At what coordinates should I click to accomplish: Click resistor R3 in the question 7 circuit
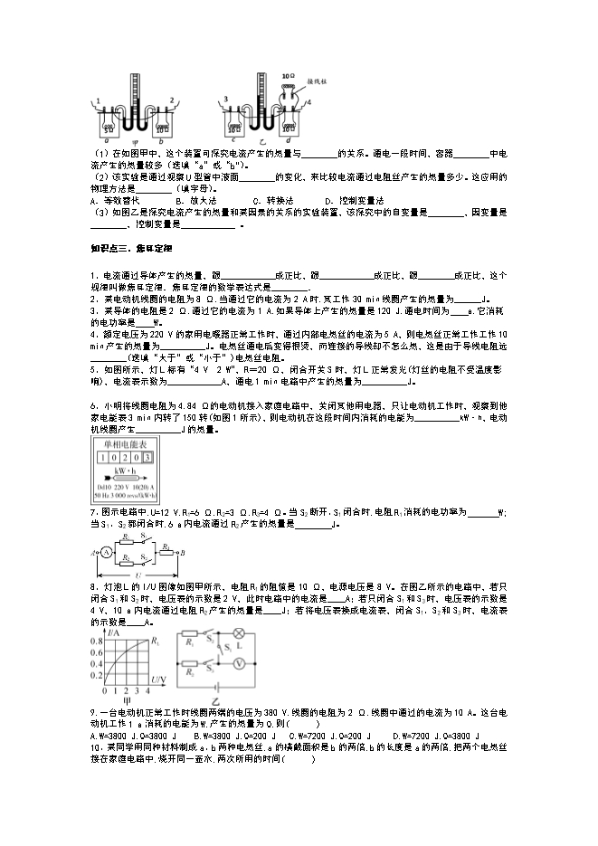[167, 547]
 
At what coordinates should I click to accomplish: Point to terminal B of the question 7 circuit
[185, 553]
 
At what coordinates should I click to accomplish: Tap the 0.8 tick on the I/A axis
[95, 641]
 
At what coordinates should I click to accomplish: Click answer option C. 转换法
[271, 200]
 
